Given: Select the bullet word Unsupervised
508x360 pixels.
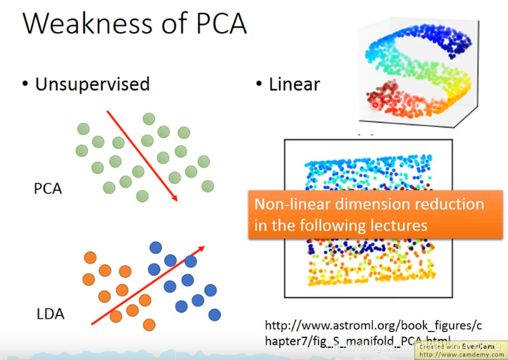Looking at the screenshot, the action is coord(92,84).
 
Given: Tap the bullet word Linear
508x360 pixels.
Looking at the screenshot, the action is coord(294,84).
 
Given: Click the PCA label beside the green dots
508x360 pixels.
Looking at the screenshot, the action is coord(48,189).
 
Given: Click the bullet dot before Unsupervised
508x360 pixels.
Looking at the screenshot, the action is coord(26,85).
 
